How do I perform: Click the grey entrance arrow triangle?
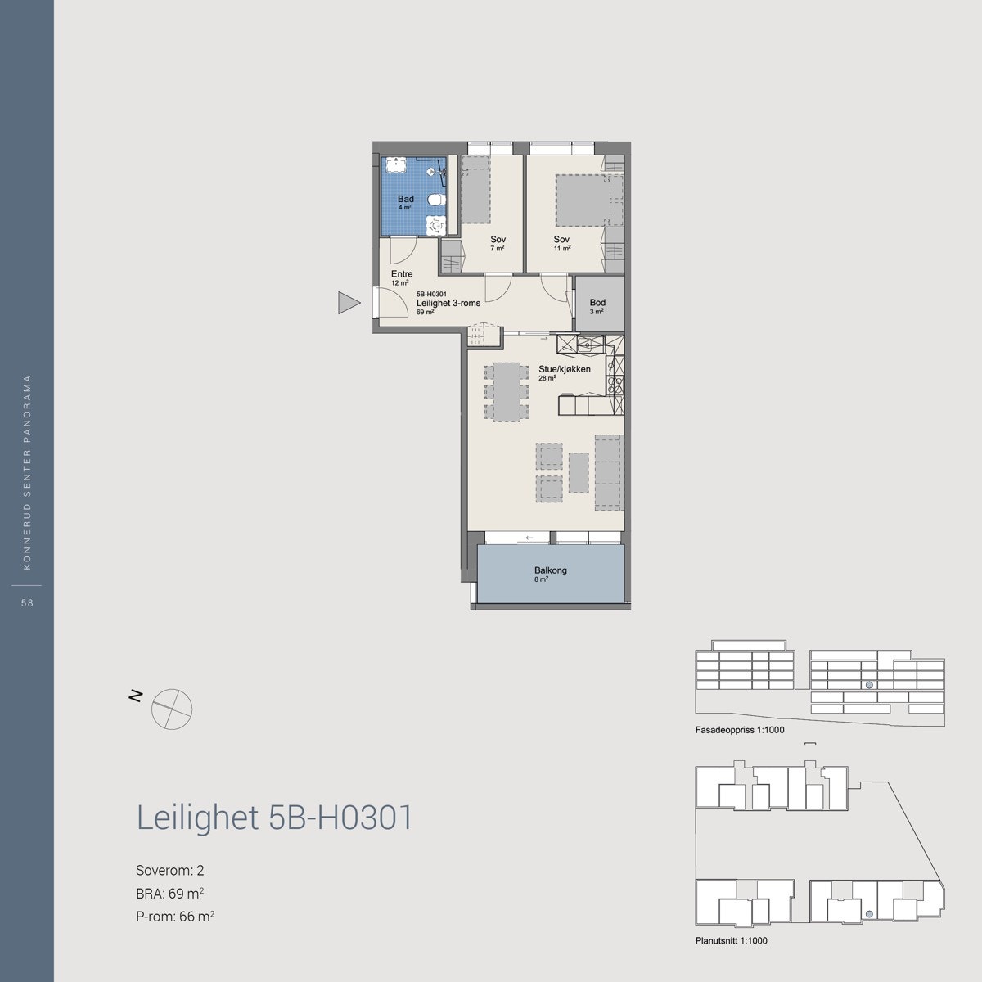(x=349, y=304)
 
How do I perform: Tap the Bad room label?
(x=406, y=199)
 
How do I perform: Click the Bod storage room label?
(x=597, y=303)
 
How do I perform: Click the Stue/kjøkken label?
(x=565, y=369)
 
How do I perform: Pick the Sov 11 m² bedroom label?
(x=561, y=239)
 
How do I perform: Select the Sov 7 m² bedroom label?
(x=498, y=239)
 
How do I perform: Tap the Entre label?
(x=402, y=274)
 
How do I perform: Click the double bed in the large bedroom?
(x=581, y=199)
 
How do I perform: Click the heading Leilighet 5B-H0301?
(x=274, y=818)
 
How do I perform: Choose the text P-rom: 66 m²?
(x=175, y=917)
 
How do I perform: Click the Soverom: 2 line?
(x=164, y=870)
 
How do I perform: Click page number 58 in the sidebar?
(x=27, y=603)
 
